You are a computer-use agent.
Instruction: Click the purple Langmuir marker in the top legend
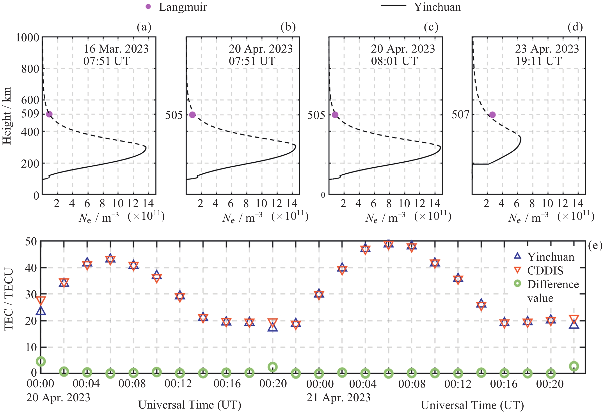coord(148,7)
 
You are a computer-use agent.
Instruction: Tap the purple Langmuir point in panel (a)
coord(49,114)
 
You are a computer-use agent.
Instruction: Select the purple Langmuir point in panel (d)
coord(492,115)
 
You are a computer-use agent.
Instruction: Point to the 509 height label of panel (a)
coord(30,114)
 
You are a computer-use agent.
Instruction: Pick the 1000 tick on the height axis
coord(27,38)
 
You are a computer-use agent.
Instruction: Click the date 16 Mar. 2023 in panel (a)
coord(116,49)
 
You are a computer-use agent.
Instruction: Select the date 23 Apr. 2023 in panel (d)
coord(547,49)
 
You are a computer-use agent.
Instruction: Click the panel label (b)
coord(288,27)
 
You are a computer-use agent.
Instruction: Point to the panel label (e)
coord(595,246)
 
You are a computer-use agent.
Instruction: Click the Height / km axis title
coord(7,115)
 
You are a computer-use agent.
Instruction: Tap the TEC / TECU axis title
coord(9,299)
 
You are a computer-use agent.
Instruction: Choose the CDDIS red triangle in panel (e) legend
coord(517,270)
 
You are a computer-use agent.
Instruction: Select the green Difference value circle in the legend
coord(517,284)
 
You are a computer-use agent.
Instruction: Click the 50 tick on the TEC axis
coord(31,242)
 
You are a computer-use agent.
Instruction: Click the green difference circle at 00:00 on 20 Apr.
coord(41,361)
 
